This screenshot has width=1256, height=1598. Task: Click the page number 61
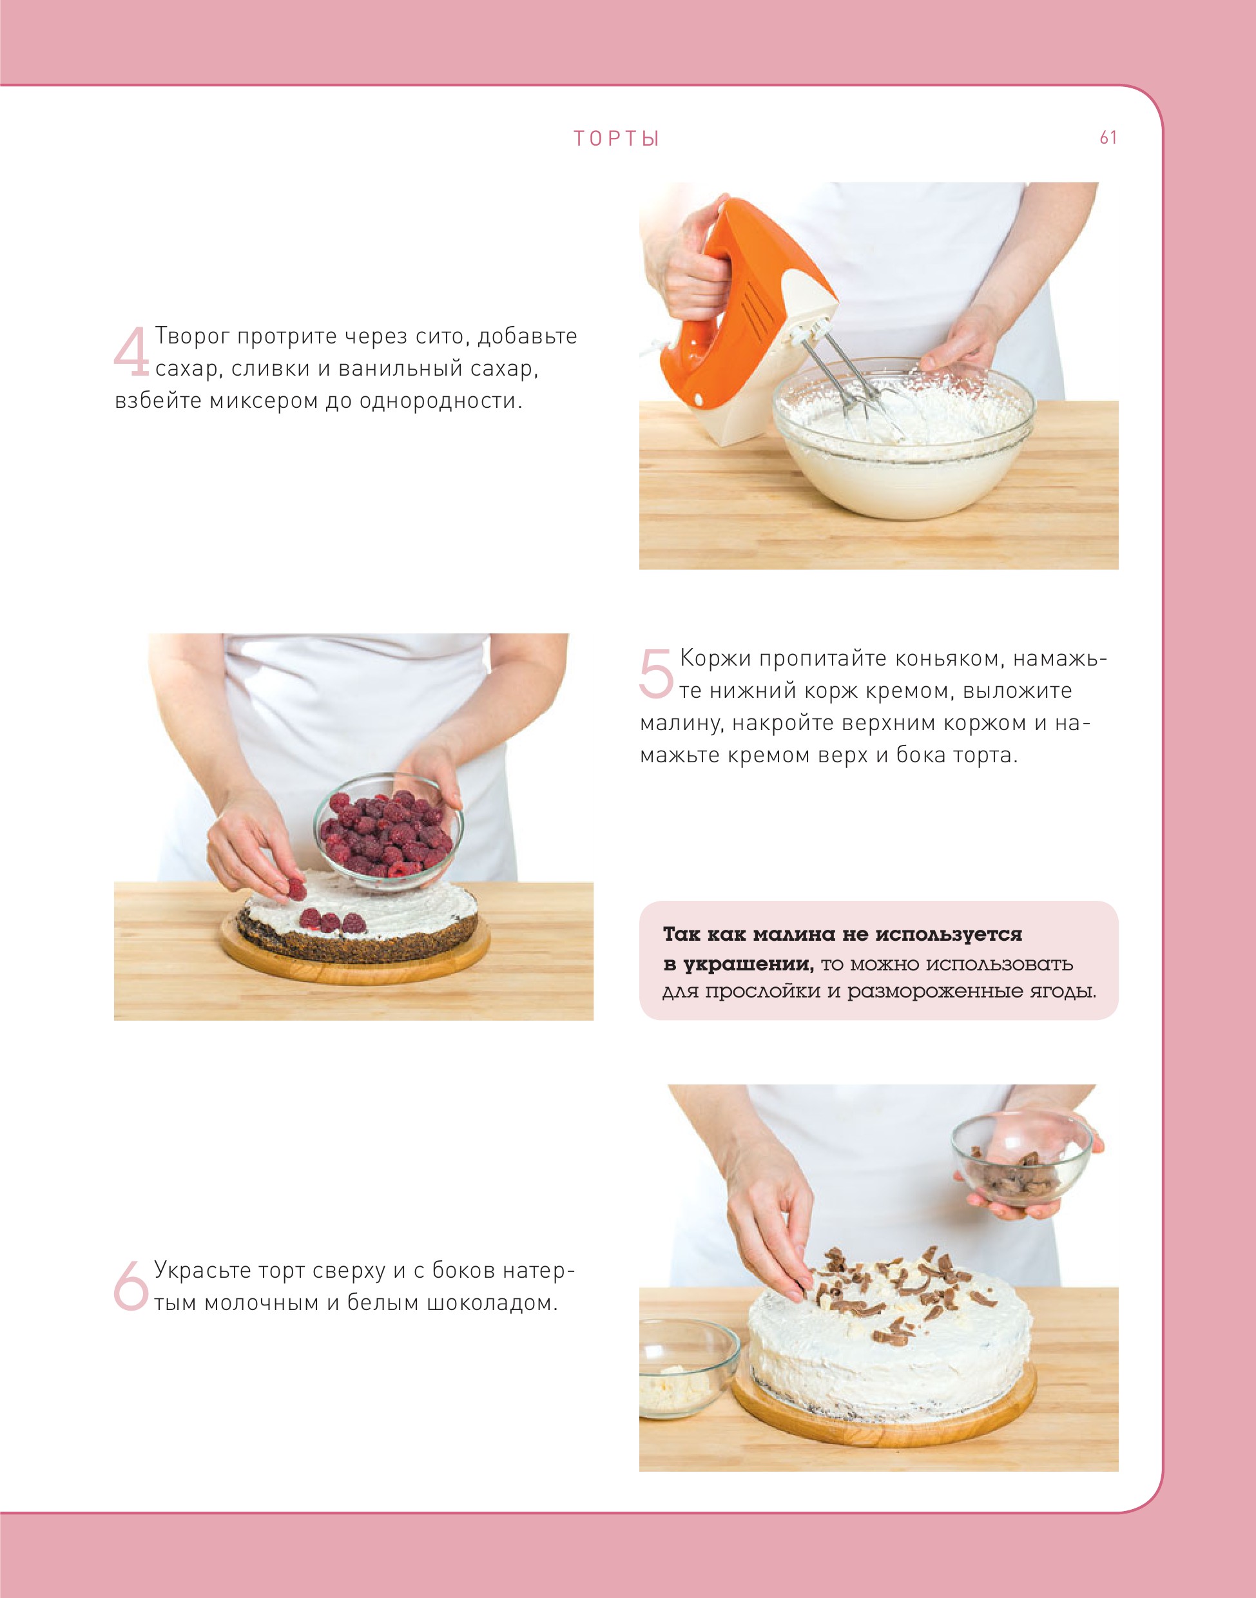[1108, 137]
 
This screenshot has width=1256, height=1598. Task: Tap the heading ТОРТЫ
[616, 139]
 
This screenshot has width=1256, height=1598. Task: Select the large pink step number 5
[656, 673]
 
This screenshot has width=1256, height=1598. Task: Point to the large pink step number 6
[131, 1285]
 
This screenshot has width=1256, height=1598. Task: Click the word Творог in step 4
[192, 336]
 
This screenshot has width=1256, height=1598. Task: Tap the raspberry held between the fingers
[296, 890]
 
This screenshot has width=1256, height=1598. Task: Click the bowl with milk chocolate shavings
[1021, 1160]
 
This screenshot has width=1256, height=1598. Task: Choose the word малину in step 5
[681, 724]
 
